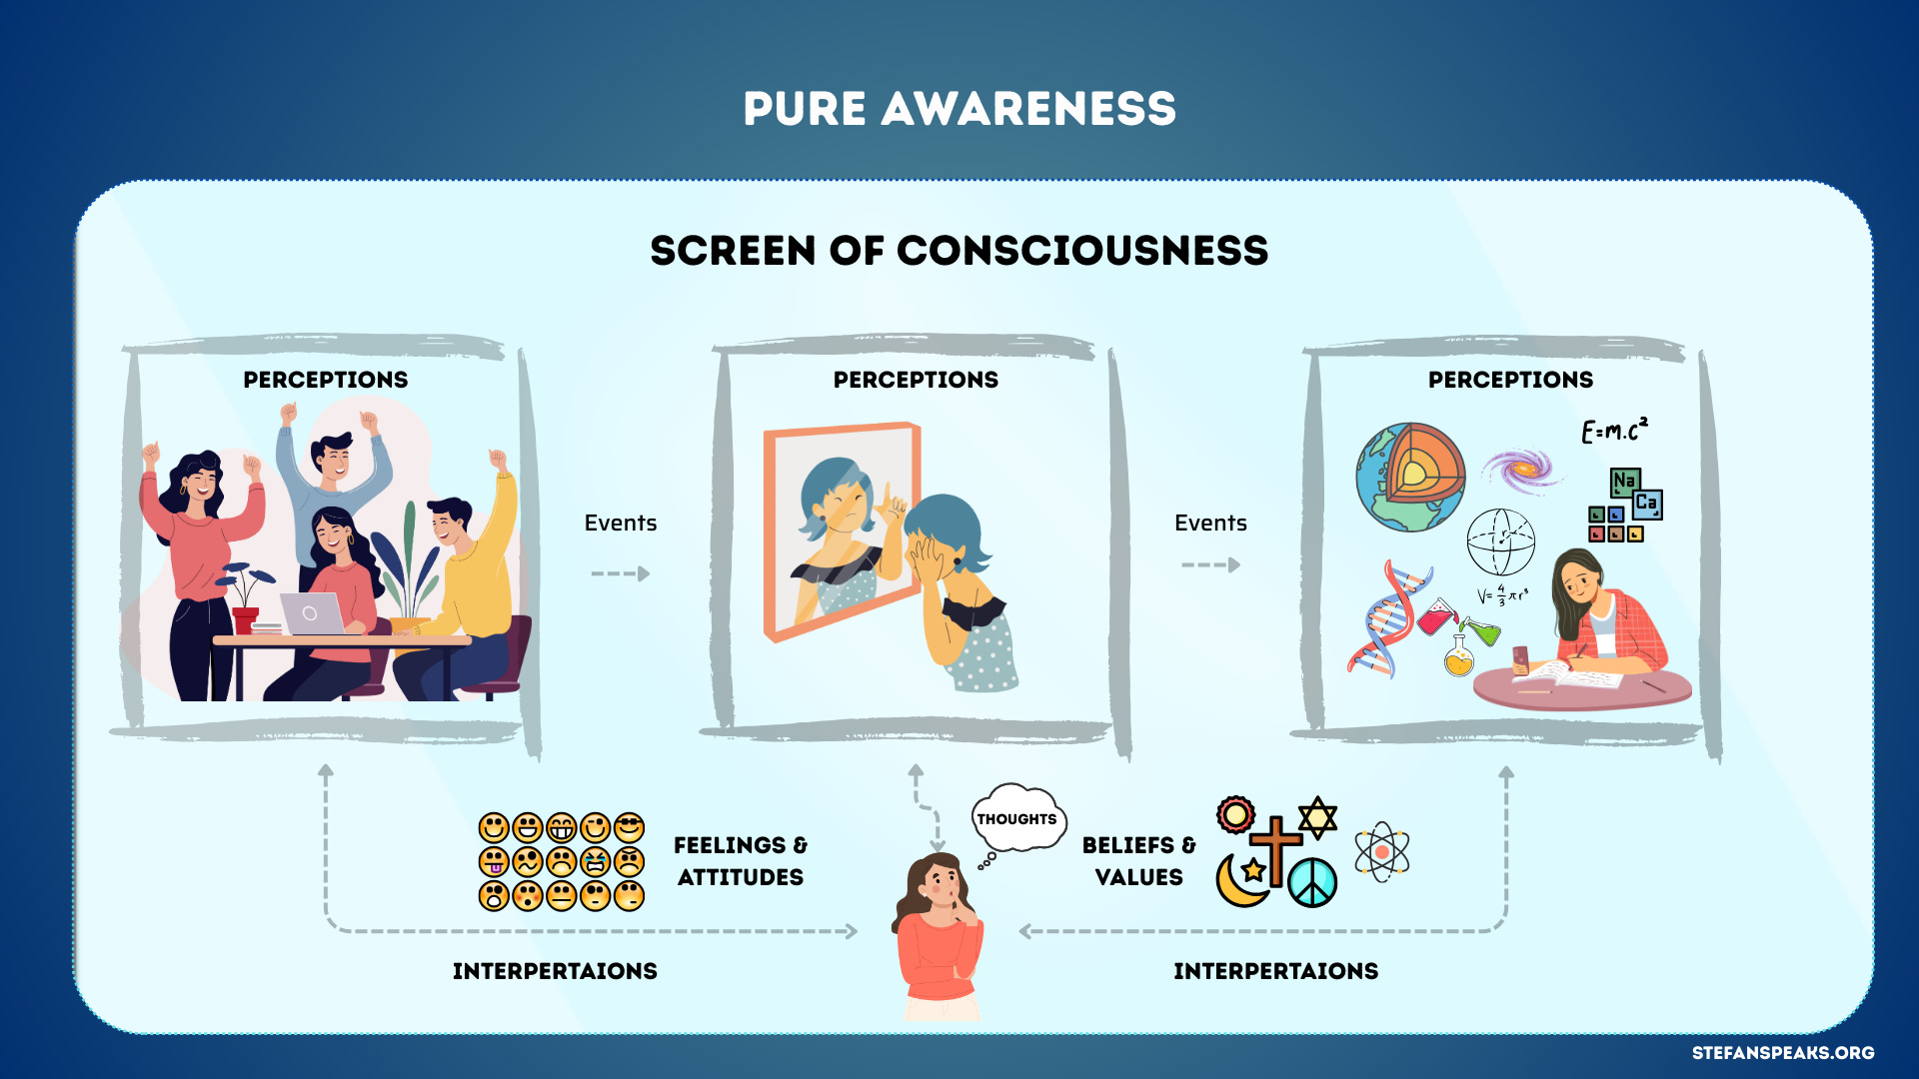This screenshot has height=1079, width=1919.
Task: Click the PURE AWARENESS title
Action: point(959,109)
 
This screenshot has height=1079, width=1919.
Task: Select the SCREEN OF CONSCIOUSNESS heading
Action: point(959,251)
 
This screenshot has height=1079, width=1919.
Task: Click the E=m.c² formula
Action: point(1613,431)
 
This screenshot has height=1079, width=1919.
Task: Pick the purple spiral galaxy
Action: point(1521,468)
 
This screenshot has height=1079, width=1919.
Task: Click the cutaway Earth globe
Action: point(1409,477)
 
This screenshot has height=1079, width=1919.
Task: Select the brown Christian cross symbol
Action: point(1276,848)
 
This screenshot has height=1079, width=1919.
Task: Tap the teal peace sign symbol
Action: point(1312,883)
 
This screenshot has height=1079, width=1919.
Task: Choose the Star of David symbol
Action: point(1317,817)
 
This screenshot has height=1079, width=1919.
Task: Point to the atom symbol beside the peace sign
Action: point(1381,852)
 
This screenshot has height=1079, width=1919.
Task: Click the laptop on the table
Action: point(312,613)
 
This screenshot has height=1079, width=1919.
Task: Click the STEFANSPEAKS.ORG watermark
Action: point(1782,1053)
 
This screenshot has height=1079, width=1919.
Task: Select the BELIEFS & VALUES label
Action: point(1138,861)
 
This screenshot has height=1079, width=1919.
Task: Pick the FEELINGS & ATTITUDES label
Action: point(740,861)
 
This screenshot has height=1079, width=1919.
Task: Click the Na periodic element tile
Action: point(1624,482)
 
